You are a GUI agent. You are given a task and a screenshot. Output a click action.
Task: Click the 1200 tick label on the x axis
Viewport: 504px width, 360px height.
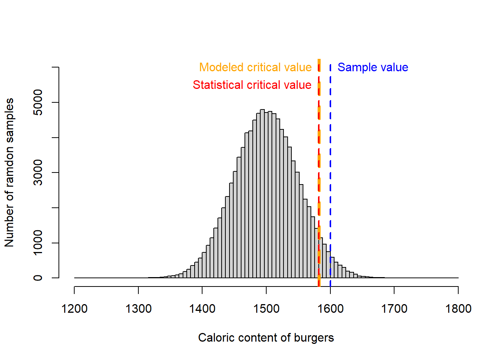point(74,309)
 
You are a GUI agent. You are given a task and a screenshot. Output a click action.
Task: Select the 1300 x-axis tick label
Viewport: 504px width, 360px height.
point(138,309)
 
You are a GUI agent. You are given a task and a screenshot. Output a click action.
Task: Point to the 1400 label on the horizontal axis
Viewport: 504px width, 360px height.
point(202,309)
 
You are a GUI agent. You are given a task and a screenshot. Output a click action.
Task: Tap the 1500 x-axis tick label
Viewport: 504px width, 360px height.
point(266,309)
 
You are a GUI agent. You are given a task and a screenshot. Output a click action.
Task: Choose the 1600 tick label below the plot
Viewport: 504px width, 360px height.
point(330,309)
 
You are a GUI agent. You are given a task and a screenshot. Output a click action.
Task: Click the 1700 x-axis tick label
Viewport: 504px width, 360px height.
point(394,309)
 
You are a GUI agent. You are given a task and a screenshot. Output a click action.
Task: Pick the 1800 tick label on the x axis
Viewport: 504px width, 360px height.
point(458,309)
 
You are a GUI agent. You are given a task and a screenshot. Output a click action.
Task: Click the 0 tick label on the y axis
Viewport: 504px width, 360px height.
point(38,278)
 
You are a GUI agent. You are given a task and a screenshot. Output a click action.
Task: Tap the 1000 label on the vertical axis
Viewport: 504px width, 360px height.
point(38,243)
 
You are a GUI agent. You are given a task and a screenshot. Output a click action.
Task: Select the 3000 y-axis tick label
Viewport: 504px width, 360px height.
point(38,172)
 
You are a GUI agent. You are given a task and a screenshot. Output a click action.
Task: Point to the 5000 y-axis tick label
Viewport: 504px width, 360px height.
point(38,102)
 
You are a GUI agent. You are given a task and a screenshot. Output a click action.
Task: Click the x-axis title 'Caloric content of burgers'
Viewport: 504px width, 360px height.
point(266,338)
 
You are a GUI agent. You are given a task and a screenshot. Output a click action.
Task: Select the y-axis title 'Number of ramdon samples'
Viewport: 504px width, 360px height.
point(9,172)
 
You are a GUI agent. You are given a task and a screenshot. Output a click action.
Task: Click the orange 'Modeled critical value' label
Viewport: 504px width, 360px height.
point(255,67)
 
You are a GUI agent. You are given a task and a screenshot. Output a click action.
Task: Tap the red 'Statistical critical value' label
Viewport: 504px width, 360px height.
point(252,85)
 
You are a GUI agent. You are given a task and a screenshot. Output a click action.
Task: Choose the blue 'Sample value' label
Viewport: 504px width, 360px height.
point(373,67)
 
